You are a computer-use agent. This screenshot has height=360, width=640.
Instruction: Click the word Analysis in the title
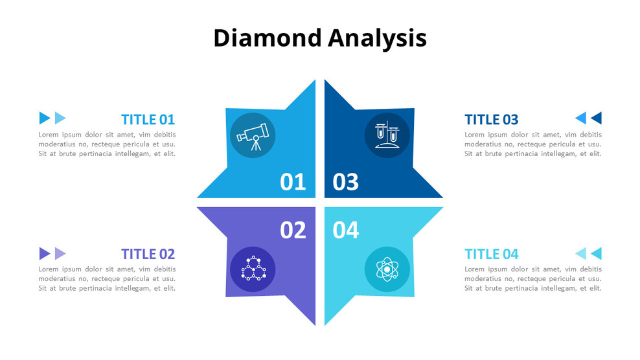[377, 39]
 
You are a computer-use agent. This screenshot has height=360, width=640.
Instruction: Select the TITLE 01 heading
[148, 119]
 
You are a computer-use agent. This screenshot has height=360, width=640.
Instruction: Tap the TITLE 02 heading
[148, 254]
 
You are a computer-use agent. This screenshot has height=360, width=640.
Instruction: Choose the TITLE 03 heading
[492, 119]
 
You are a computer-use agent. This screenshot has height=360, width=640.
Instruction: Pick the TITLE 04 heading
[492, 254]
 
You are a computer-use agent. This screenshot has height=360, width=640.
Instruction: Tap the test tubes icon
[387, 135]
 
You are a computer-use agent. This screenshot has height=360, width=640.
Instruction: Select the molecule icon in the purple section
[253, 269]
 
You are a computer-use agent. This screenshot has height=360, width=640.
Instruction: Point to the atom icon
[387, 269]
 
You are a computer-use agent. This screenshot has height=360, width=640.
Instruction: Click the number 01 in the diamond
[293, 182]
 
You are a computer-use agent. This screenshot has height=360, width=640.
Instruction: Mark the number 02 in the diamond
[293, 229]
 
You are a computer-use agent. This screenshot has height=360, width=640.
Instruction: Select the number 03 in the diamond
[346, 182]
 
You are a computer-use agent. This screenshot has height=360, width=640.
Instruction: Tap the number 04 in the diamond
[346, 229]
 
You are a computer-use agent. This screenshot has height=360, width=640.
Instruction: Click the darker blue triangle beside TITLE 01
[44, 118]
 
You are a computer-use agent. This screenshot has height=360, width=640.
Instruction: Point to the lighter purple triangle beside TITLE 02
[60, 253]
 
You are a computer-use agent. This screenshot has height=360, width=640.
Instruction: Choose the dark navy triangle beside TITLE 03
[597, 118]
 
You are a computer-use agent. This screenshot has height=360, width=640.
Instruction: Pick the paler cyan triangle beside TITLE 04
[581, 253]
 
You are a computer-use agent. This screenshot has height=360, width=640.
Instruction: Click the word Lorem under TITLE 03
[476, 135]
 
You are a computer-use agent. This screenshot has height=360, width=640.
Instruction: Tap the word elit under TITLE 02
[168, 288]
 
